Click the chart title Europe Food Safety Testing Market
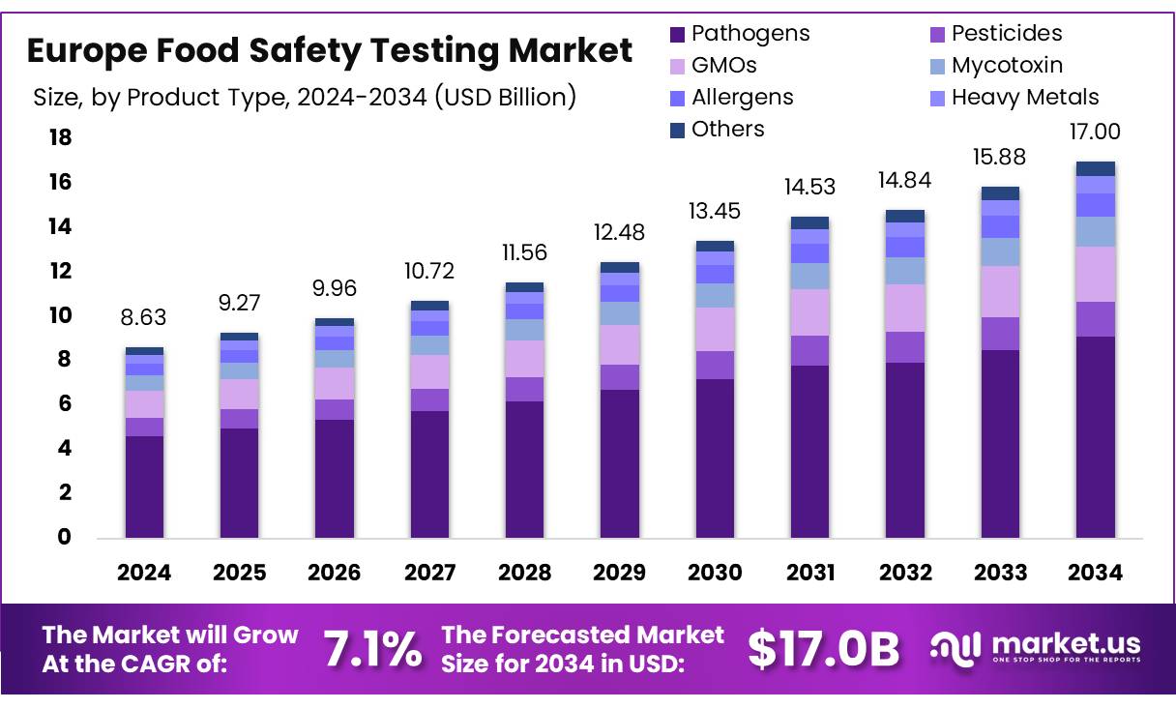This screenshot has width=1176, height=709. (x=330, y=49)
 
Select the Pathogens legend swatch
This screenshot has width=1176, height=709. (x=678, y=35)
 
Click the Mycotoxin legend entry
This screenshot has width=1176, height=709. (x=1006, y=66)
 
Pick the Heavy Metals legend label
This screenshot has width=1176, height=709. (x=1024, y=98)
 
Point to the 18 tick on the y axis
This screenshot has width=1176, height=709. (x=60, y=138)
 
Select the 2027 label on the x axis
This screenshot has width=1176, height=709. (x=429, y=573)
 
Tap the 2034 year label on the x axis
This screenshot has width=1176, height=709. (x=1095, y=573)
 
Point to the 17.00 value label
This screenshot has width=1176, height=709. (x=1095, y=133)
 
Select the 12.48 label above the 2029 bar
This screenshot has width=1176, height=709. (x=619, y=233)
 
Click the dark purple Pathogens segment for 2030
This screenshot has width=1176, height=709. (x=715, y=458)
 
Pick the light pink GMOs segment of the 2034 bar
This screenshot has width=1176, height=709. (x=1095, y=274)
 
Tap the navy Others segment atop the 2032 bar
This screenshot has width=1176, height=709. (x=904, y=216)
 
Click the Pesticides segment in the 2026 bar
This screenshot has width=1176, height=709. (x=335, y=409)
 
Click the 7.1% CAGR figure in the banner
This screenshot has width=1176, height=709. (x=372, y=649)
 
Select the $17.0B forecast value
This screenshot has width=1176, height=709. (x=824, y=649)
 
